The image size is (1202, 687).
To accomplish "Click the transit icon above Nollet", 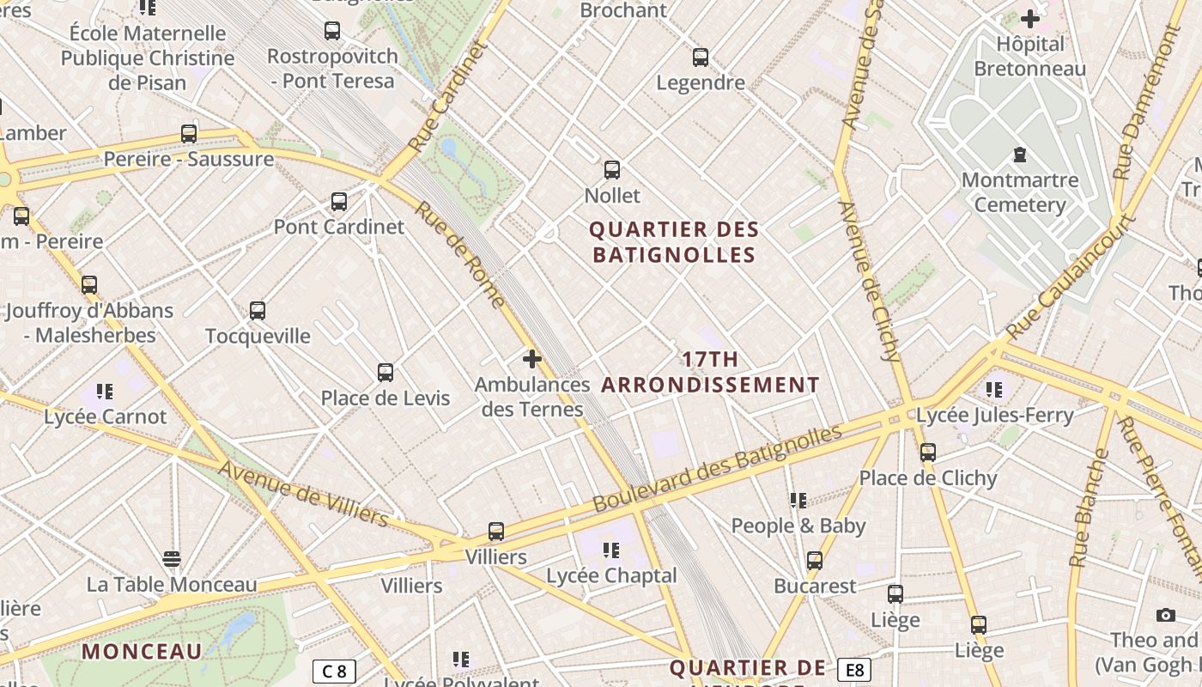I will pos(611,170).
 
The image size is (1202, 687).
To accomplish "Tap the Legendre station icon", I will pos(701,58).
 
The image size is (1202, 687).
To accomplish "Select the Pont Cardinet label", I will pos(338,227).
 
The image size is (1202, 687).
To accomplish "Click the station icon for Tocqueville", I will pos(258,311).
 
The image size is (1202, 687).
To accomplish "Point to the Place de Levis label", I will pos(385,398).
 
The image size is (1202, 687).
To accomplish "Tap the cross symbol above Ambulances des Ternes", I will pos(532,358).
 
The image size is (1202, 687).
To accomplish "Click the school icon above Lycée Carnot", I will pos(105,392).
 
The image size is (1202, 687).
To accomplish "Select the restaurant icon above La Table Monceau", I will pos(172,559).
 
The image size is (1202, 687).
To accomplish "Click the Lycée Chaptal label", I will pos(611,575).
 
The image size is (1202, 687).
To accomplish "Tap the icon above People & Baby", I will pos(798,500).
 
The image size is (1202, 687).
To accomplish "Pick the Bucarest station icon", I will pos(815,561).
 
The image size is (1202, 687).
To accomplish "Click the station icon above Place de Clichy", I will pos(927,453).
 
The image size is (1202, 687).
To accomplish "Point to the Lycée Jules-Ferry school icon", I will pos(994,390).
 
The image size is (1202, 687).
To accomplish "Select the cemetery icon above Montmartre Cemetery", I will pos(1019,155).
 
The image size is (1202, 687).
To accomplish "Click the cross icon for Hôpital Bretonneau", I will pos(1029,18).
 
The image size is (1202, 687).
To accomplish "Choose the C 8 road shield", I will pos(333,671).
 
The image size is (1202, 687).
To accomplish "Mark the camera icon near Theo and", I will pos(1165,615).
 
